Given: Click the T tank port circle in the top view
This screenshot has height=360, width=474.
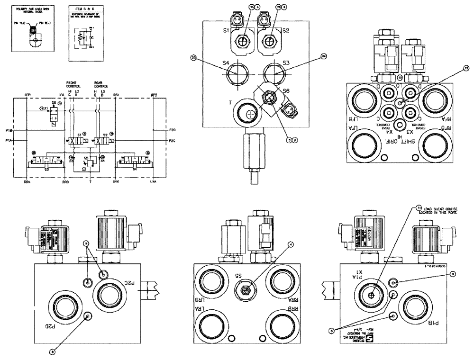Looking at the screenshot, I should click(249, 112).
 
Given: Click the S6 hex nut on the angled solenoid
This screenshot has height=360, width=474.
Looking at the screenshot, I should click(269, 97).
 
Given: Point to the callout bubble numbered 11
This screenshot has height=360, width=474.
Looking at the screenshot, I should click(419, 207).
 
